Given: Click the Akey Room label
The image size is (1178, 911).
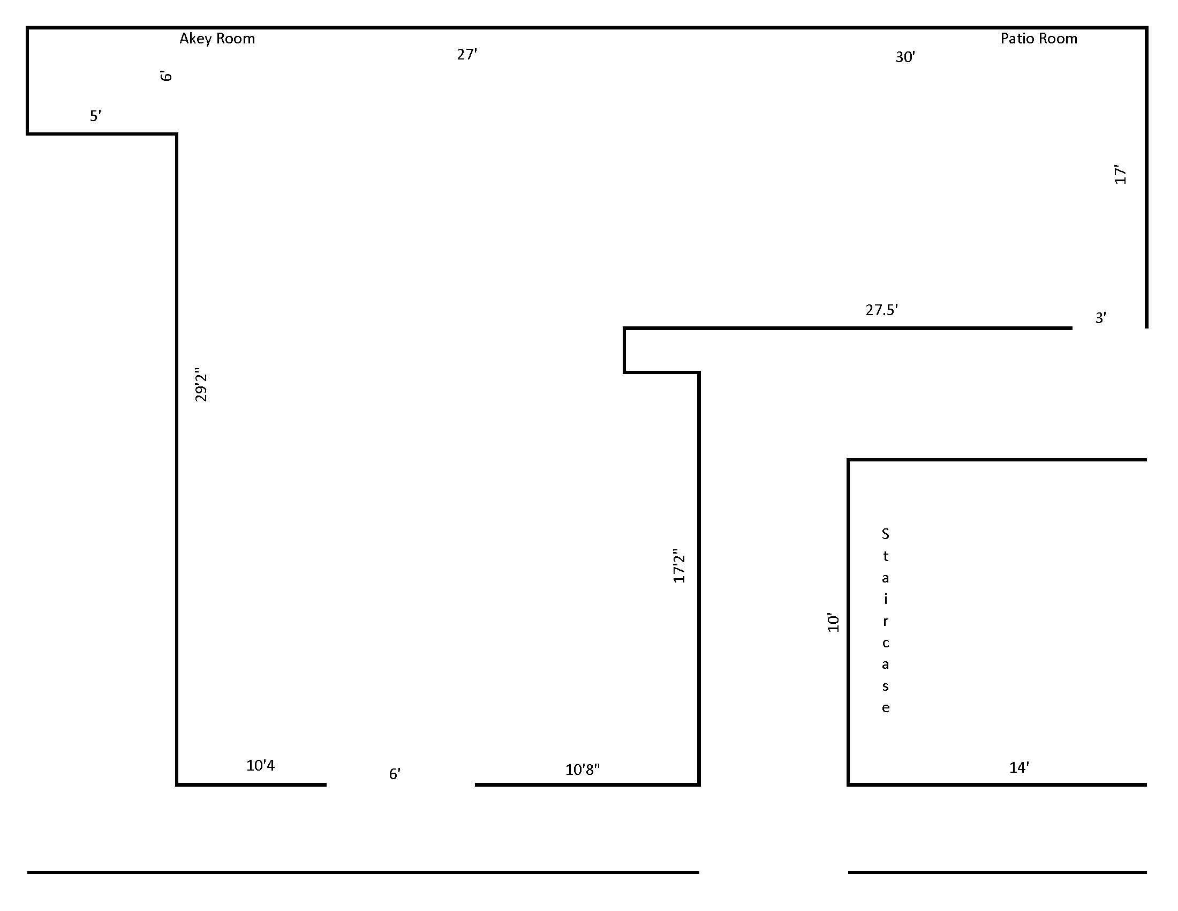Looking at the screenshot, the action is pyautogui.click(x=217, y=39).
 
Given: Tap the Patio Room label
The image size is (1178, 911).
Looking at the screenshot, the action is pyautogui.click(x=1039, y=39).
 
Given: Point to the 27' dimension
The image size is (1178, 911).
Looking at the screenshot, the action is pyautogui.click(x=467, y=55).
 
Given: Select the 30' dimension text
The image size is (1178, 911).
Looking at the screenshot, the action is pyautogui.click(x=905, y=57).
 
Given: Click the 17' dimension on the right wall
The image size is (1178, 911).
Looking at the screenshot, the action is pyautogui.click(x=1120, y=174).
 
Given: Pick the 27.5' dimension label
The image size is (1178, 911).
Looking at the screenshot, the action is pyautogui.click(x=881, y=310).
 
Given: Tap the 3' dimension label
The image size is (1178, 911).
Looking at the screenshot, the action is pyautogui.click(x=1101, y=318).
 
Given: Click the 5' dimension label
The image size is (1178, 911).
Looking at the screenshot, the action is pyautogui.click(x=95, y=116).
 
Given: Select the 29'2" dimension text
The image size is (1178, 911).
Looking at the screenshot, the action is pyautogui.click(x=201, y=385).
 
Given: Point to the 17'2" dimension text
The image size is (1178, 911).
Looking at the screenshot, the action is pyautogui.click(x=679, y=566).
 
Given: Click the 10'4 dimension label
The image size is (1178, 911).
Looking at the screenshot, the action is pyautogui.click(x=261, y=765).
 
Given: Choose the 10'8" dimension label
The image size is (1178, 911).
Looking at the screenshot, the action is pyautogui.click(x=583, y=770).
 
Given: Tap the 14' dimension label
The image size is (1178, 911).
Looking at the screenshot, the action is pyautogui.click(x=1019, y=767).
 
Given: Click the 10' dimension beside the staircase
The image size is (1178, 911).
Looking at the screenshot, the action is pyautogui.click(x=833, y=623).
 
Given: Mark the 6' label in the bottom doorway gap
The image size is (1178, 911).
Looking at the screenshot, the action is pyautogui.click(x=395, y=774).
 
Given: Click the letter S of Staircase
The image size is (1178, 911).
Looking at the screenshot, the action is pyautogui.click(x=885, y=534).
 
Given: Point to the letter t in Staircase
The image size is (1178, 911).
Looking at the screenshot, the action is pyautogui.click(x=885, y=556).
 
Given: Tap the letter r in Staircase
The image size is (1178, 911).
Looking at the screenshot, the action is pyautogui.click(x=885, y=621).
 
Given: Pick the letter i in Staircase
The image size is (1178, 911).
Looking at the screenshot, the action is pyautogui.click(x=885, y=599).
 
